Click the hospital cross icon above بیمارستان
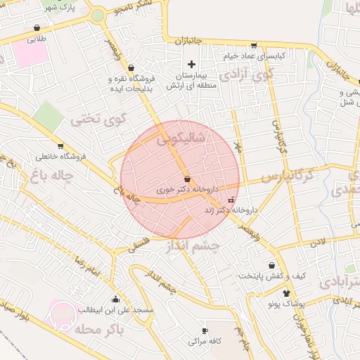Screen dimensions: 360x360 (191, 64)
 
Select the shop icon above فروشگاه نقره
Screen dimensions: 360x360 (131, 67)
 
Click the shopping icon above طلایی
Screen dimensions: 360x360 (36, 29)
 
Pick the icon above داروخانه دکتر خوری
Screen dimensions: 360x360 (186, 179)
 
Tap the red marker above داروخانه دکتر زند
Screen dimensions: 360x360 (231, 200)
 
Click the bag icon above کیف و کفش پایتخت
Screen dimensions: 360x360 (271, 265)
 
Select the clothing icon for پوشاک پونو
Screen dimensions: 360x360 (286, 293)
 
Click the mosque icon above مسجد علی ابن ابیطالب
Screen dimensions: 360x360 (115, 299)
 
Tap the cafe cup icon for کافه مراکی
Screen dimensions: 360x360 (205, 330)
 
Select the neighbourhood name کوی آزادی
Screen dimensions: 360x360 (245, 74)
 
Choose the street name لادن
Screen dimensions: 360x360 (317, 242)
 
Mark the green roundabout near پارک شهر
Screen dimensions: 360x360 (98, 15)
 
